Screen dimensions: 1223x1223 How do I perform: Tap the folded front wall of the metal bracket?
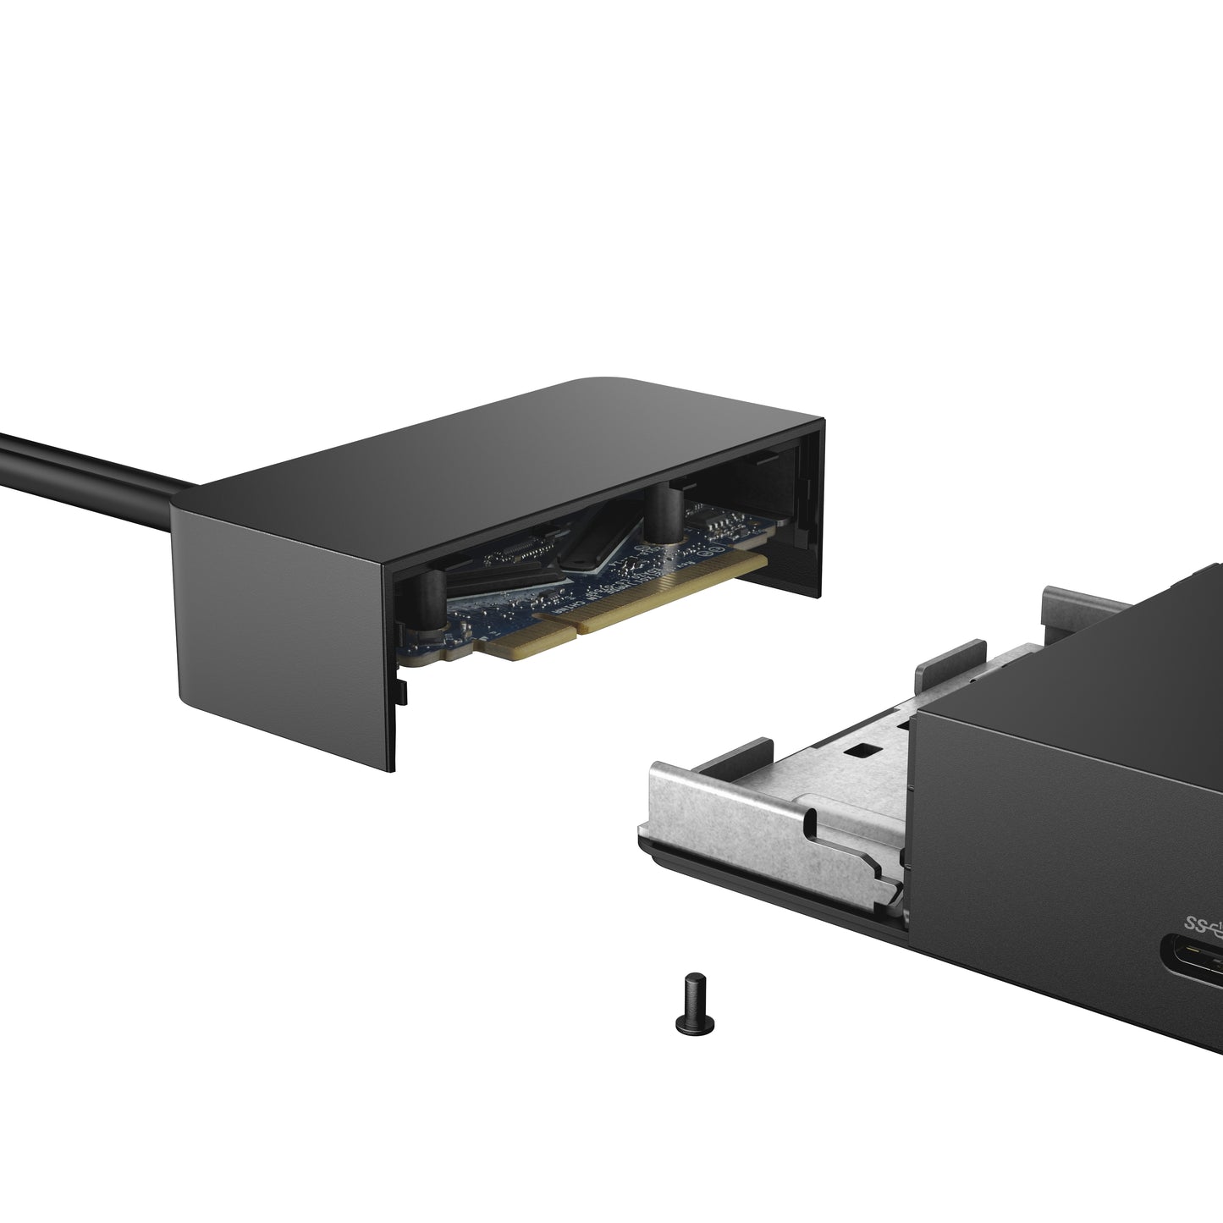click(x=762, y=846)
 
